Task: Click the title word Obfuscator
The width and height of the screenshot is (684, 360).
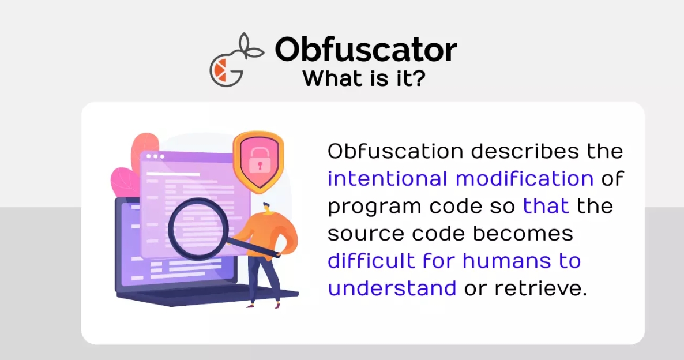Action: (366, 49)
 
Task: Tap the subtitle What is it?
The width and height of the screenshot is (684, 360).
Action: (363, 78)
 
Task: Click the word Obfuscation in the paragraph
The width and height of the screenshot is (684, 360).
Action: (396, 151)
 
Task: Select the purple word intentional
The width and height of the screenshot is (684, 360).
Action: (388, 178)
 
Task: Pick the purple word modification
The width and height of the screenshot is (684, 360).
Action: (524, 178)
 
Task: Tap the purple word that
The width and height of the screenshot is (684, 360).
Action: (546, 206)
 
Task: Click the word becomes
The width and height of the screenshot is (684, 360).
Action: (523, 234)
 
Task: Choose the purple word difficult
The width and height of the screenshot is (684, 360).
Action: (371, 261)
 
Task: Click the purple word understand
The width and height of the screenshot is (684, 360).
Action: (392, 288)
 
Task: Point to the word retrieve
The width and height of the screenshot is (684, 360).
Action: (540, 288)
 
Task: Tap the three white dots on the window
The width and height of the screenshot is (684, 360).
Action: (155, 156)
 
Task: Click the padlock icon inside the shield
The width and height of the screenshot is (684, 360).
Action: (260, 160)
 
